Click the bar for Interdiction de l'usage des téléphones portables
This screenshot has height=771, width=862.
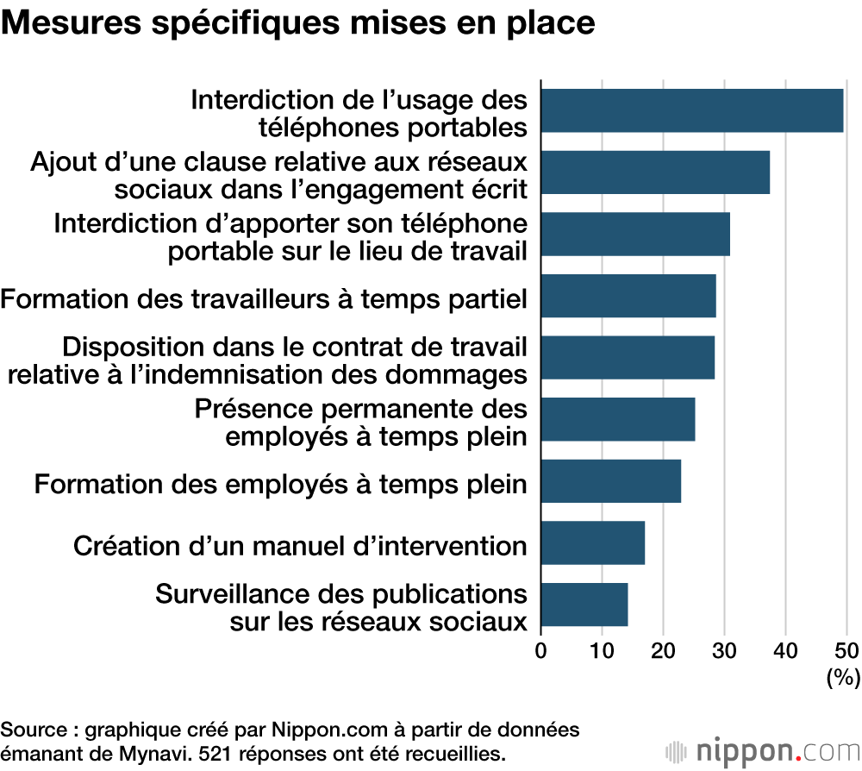pyautogui.click(x=691, y=110)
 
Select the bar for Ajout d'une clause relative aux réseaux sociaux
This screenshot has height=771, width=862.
pyautogui.click(x=655, y=172)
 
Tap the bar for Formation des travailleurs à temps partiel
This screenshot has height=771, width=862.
pyautogui.click(x=628, y=297)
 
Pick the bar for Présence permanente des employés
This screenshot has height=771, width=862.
pyautogui.click(x=617, y=420)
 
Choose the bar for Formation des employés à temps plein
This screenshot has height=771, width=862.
pyautogui.click(x=610, y=482)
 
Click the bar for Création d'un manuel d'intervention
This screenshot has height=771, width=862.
pyautogui.click(x=592, y=543)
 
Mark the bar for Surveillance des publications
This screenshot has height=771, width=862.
pyautogui.click(x=584, y=605)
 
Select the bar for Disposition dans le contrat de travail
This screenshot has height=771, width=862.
pyautogui.click(x=628, y=358)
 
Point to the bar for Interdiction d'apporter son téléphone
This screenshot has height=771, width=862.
pyautogui.click(x=635, y=235)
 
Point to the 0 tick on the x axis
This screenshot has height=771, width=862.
pyautogui.click(x=541, y=650)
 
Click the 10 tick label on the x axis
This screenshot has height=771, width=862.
pyautogui.click(x=602, y=650)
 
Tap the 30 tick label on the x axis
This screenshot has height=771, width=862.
pyautogui.click(x=724, y=650)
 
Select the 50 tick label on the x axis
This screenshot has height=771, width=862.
pyautogui.click(x=846, y=650)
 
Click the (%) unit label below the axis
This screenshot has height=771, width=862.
pyautogui.click(x=843, y=678)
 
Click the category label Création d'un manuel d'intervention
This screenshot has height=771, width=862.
pyautogui.click(x=300, y=545)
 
